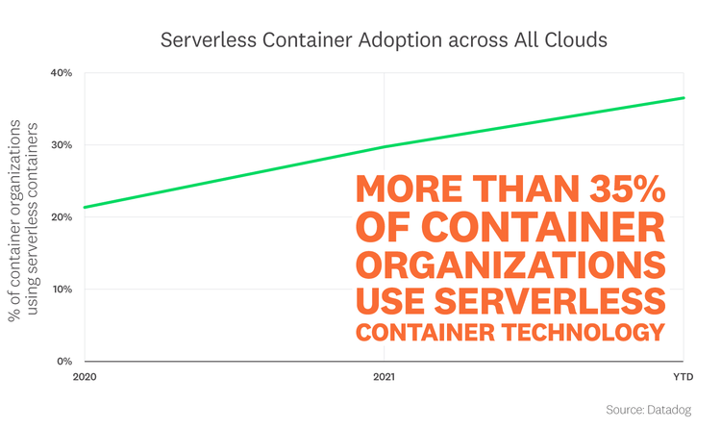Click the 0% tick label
click(x=62, y=362)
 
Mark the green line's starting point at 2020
click(x=86, y=207)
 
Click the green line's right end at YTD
click(x=684, y=97)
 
